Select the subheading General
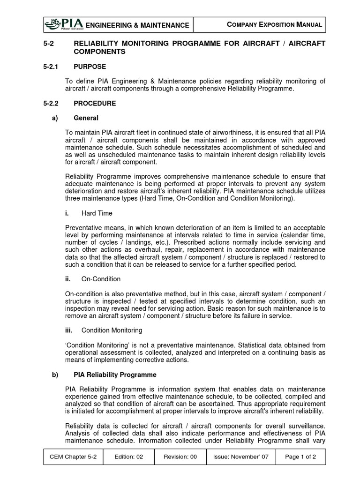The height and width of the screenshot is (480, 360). [x=86, y=118]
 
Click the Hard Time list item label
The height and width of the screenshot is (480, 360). [x=97, y=213]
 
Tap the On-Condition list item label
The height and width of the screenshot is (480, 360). [x=101, y=279]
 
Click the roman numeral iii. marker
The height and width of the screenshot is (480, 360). [x=69, y=330]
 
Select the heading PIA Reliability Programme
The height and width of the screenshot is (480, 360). [x=115, y=375]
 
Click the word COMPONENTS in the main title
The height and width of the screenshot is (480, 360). [x=100, y=52]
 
